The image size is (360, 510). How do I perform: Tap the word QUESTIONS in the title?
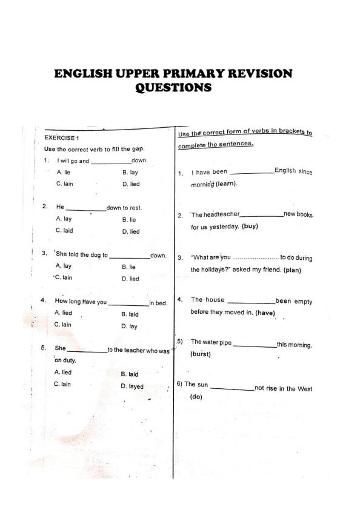click(x=173, y=88)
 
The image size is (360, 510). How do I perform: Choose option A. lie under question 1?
click(x=64, y=173)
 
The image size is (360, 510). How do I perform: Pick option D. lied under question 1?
click(x=130, y=184)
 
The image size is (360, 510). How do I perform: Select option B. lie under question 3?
click(x=128, y=267)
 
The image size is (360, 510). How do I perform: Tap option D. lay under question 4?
click(x=129, y=326)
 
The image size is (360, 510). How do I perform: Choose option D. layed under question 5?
click(x=132, y=386)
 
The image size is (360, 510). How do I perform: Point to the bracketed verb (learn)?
click(x=226, y=184)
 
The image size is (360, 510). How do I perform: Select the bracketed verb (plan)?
click(x=292, y=270)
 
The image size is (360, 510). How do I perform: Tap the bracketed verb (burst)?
click(x=201, y=354)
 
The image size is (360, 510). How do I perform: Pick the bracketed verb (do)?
click(x=196, y=397)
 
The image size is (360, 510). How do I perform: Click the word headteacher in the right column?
click(x=222, y=214)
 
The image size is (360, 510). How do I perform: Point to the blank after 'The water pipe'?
click(x=255, y=346)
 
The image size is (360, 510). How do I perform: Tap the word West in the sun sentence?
click(x=305, y=389)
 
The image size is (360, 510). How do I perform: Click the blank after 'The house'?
click(x=250, y=302)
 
